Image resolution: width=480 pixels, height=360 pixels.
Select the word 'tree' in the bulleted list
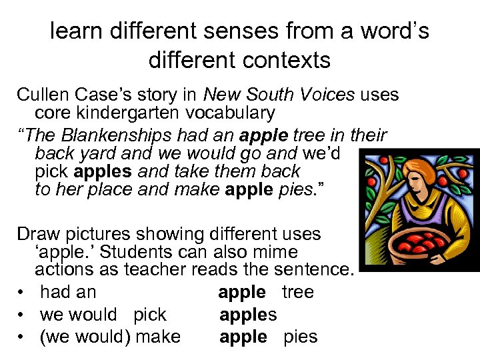[298, 292]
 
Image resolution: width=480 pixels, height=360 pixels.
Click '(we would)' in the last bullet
[85, 337]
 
